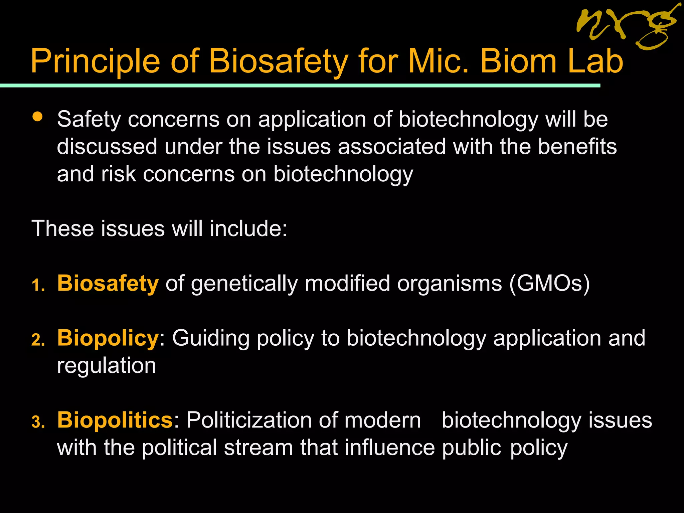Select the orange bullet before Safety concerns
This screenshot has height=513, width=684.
click(37, 117)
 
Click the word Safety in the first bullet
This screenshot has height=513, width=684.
click(89, 120)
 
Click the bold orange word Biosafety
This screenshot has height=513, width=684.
click(108, 284)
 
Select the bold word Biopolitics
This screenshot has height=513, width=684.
click(115, 420)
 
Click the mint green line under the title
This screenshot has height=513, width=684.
click(301, 86)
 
